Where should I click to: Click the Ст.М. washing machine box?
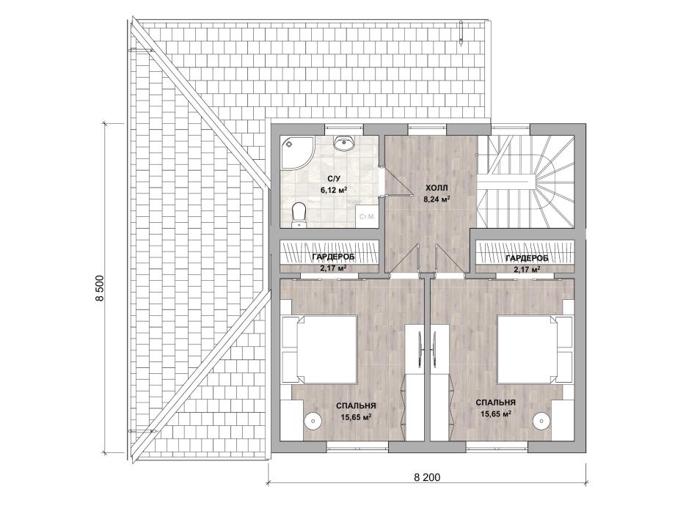[368, 217]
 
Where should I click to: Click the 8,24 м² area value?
[437, 199]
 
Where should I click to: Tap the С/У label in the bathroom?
[334, 179]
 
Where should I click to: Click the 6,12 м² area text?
[334, 190]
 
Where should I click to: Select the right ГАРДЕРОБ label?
[527, 258]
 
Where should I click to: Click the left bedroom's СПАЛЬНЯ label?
[356, 405]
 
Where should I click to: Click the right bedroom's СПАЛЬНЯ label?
[496, 402]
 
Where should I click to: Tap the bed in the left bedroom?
[320, 349]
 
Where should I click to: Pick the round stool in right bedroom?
[542, 419]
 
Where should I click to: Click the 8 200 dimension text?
[427, 477]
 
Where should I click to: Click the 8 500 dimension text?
[100, 289]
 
